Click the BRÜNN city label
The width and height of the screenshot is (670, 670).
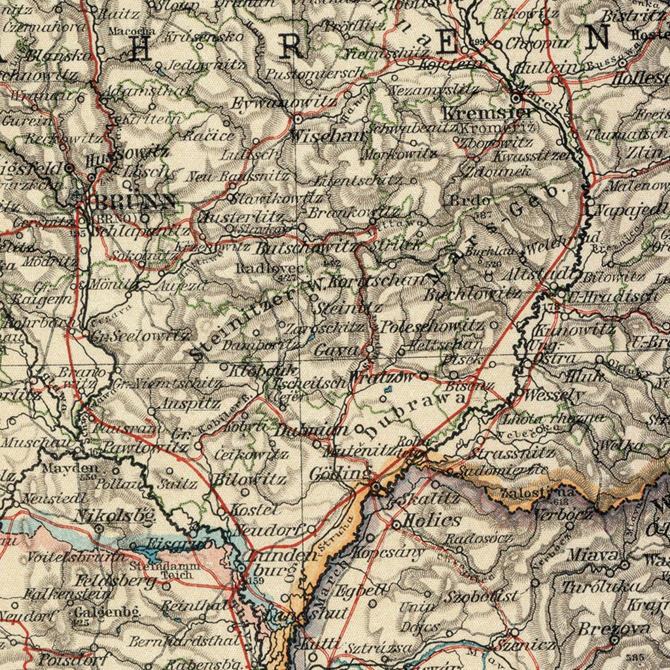pos(133,202)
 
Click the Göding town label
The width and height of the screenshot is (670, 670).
pos(338,473)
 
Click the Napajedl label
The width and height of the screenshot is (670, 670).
pos(631,210)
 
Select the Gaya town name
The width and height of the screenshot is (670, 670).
pos(336,351)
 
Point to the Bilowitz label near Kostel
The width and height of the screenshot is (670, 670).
pos(251,480)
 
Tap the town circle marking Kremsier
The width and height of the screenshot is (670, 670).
pos(516,98)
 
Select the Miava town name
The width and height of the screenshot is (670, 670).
pos(584,555)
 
